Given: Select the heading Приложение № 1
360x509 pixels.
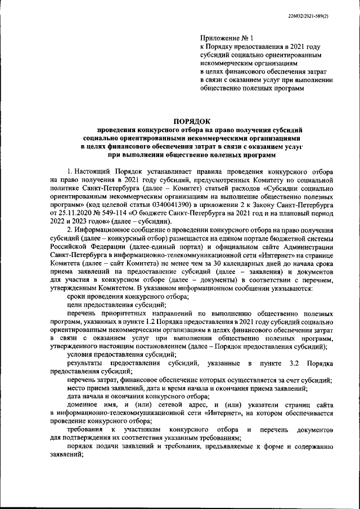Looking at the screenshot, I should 223,38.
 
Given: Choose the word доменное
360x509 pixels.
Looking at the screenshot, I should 82,405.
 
